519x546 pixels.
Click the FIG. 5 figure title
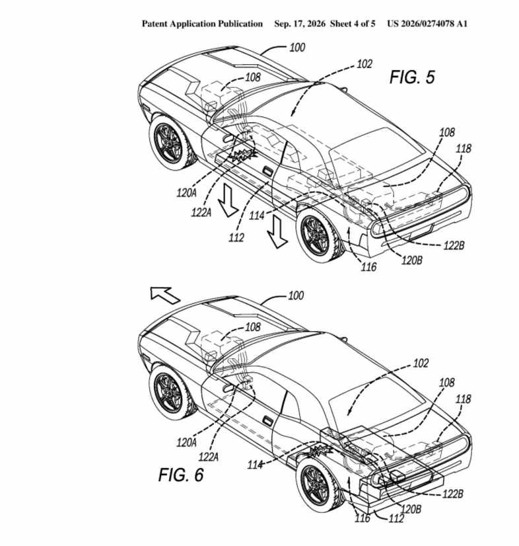pos(412,77)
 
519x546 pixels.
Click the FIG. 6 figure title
pos(181,475)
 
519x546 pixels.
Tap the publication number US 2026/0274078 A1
pos(427,24)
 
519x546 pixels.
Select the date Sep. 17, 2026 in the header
pos(300,24)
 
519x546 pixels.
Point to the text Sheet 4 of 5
pos(353,24)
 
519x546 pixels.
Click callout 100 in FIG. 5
pos(297,48)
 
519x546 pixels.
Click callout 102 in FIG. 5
pos(364,63)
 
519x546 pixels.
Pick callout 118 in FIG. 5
pos(464,148)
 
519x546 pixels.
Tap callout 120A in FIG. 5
pos(186,192)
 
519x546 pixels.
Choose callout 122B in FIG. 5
pos(454,245)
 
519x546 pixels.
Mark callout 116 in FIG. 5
pos(368,267)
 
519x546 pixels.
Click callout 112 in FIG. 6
pos(396,518)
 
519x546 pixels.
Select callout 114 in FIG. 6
pos(255,465)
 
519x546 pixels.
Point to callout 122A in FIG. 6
pos(209,457)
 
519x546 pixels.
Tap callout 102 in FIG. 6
pos(421,363)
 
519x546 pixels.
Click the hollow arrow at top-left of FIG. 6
pos(164,294)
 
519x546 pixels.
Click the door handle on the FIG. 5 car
pos(267,171)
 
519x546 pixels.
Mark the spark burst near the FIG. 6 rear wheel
pos(320,452)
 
